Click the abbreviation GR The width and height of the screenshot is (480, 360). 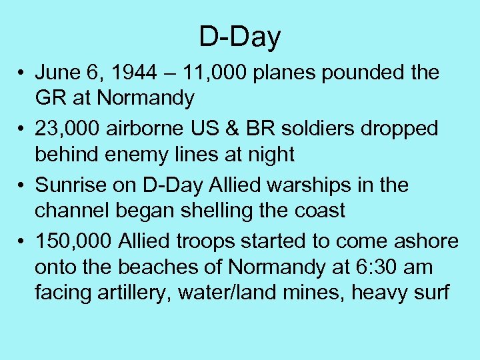point(49,99)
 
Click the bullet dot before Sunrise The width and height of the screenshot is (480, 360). point(22,185)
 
